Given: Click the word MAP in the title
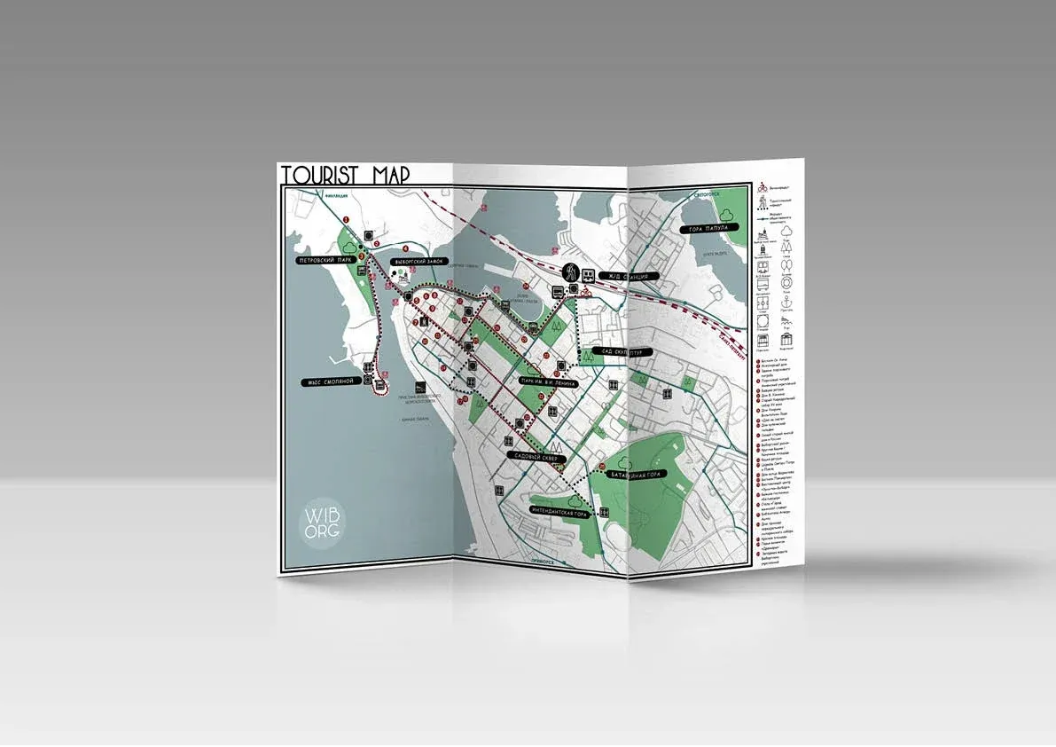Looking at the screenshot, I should (389, 175).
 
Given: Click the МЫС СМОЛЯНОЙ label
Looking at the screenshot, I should (325, 381).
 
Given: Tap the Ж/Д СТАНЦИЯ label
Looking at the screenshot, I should (628, 277).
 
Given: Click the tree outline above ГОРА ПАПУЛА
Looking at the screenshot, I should (727, 214).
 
